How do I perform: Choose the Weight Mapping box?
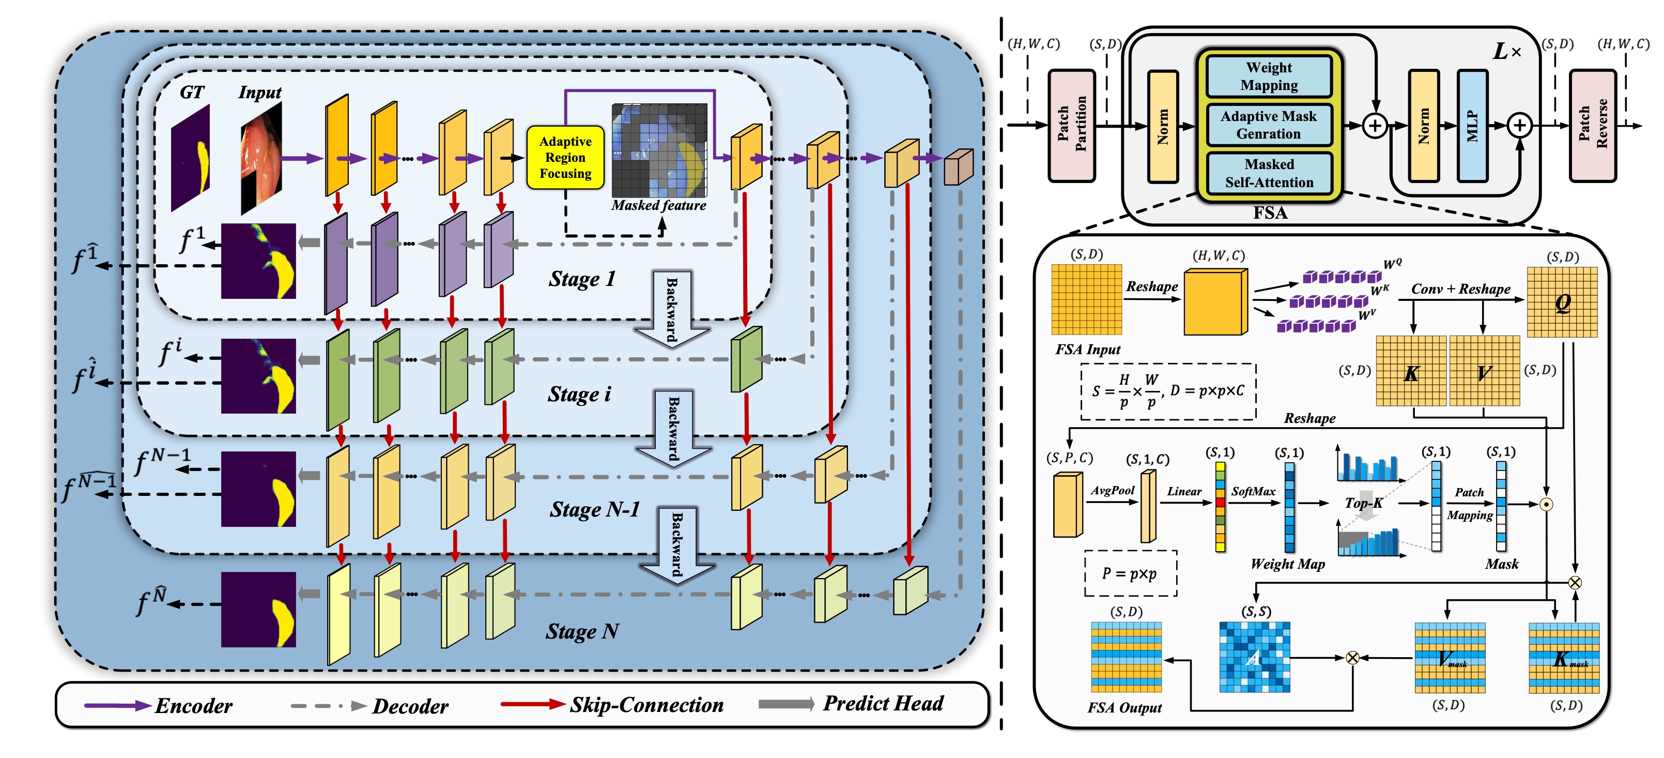pyautogui.click(x=1269, y=76)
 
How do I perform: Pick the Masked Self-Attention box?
pyautogui.click(x=1269, y=173)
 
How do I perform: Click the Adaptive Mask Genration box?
pyautogui.click(x=1269, y=125)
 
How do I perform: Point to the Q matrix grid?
pyautogui.click(x=1562, y=302)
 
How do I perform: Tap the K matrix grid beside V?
pyautogui.click(x=1411, y=371)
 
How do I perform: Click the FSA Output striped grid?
pyautogui.click(x=1126, y=657)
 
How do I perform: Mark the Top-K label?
pyautogui.click(x=1363, y=503)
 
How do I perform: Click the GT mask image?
pyautogui.click(x=191, y=158)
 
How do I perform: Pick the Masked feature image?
pyautogui.click(x=659, y=150)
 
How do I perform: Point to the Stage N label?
pyautogui.click(x=582, y=631)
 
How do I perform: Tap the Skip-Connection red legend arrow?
pyautogui.click(x=533, y=704)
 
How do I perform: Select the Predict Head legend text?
pyautogui.click(x=883, y=703)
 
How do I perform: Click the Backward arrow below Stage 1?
pyautogui.click(x=672, y=309)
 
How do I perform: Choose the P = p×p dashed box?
pyautogui.click(x=1130, y=573)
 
